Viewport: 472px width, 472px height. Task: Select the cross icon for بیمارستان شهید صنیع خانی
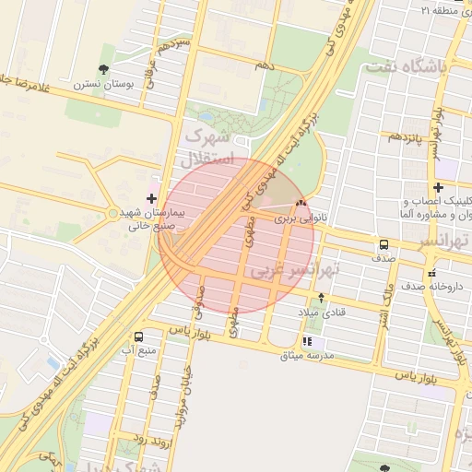(151, 197)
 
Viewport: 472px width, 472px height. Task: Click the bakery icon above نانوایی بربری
(301, 204)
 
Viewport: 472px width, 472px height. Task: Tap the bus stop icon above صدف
(383, 244)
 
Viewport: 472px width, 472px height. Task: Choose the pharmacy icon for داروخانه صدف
(431, 272)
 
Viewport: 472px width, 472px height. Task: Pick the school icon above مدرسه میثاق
(307, 341)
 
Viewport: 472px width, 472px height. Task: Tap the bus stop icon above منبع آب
(138, 336)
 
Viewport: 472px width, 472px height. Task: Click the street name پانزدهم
(405, 136)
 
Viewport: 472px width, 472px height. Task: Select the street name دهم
(265, 65)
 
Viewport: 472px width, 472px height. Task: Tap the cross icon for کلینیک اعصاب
(438, 188)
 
